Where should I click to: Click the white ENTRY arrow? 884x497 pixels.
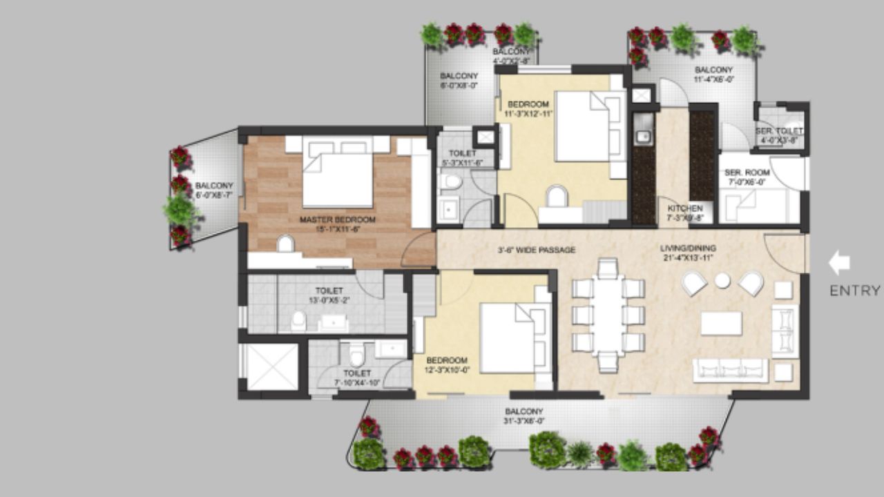(839, 263)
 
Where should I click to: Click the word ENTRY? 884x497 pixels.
(855, 291)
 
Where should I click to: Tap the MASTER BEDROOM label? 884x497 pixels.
(337, 220)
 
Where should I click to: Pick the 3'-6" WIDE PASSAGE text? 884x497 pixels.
(536, 250)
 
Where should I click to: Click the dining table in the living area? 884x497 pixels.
(608, 315)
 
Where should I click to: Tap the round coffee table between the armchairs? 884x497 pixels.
(722, 280)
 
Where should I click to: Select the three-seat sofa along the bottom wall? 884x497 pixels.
(730, 369)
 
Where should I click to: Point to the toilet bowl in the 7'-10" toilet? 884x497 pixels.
(356, 356)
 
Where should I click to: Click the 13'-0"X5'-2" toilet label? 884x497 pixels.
(329, 295)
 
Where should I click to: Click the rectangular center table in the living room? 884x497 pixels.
(721, 323)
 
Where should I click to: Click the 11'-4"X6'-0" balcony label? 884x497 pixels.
(713, 75)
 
